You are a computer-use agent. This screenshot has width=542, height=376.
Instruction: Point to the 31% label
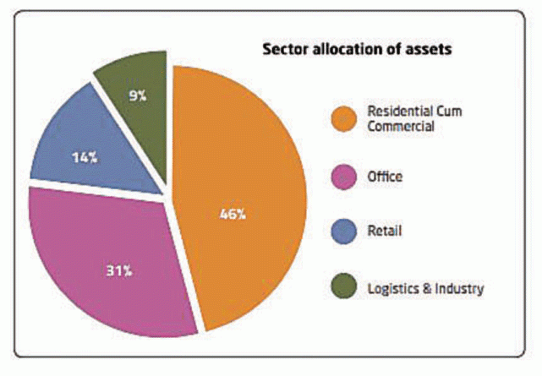tap(118, 271)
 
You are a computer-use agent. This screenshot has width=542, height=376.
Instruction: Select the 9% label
tap(137, 95)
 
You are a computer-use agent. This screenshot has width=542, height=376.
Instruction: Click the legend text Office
tap(386, 177)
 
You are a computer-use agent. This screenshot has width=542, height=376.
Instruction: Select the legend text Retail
tap(385, 232)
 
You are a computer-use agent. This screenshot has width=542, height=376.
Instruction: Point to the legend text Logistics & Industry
tap(425, 288)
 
